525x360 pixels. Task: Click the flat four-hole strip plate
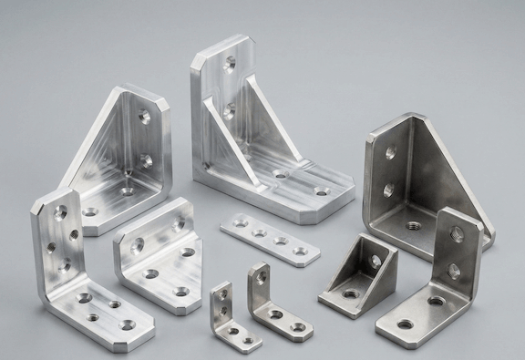[x=270, y=239]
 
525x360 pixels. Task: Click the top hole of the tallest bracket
[x=230, y=63]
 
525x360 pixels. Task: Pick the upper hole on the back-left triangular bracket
[x=145, y=117]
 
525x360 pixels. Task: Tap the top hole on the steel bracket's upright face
[x=390, y=152]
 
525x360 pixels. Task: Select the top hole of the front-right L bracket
[x=456, y=235]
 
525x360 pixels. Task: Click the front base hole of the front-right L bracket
[x=405, y=324]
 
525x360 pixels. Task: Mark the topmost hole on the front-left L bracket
[x=60, y=213]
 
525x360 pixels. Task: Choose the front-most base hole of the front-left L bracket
[x=127, y=324]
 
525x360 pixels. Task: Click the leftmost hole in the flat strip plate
[x=240, y=221]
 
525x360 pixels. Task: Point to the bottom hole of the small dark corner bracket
[x=349, y=294]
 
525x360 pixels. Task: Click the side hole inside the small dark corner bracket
[x=375, y=262]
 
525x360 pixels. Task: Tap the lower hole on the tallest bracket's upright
[x=230, y=110]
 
